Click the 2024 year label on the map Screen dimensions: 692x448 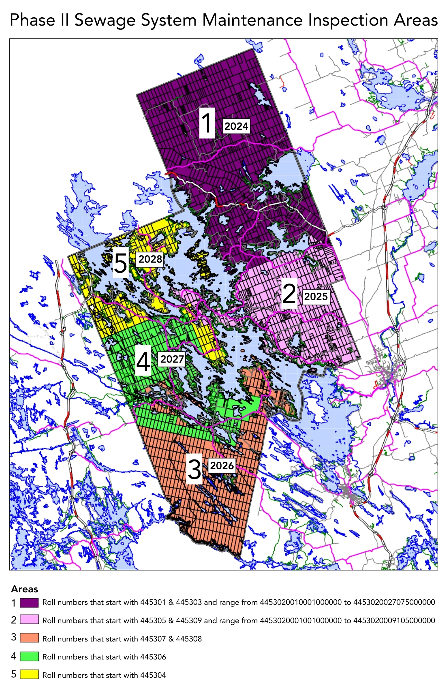tap(236, 126)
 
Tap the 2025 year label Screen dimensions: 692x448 tap(316, 296)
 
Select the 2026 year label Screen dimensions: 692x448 tap(222, 465)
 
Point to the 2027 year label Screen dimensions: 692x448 tap(172, 359)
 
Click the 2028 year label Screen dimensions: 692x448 tap(150, 259)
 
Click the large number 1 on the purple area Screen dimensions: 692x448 tap(207, 123)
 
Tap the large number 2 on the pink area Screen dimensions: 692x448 tap(289, 293)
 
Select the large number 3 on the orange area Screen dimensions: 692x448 tap(194, 469)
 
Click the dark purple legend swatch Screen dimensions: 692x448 tap(29, 602)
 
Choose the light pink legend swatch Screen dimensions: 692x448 tap(29, 620)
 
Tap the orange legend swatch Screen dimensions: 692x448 tap(29, 638)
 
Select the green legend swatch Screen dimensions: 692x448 tap(29, 656)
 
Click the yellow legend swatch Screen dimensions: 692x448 tap(29, 674)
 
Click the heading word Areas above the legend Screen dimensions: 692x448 tap(24, 589)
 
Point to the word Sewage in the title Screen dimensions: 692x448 tap(106, 20)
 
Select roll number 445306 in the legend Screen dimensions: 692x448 tap(153, 657)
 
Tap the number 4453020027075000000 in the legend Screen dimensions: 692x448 tap(394, 602)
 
